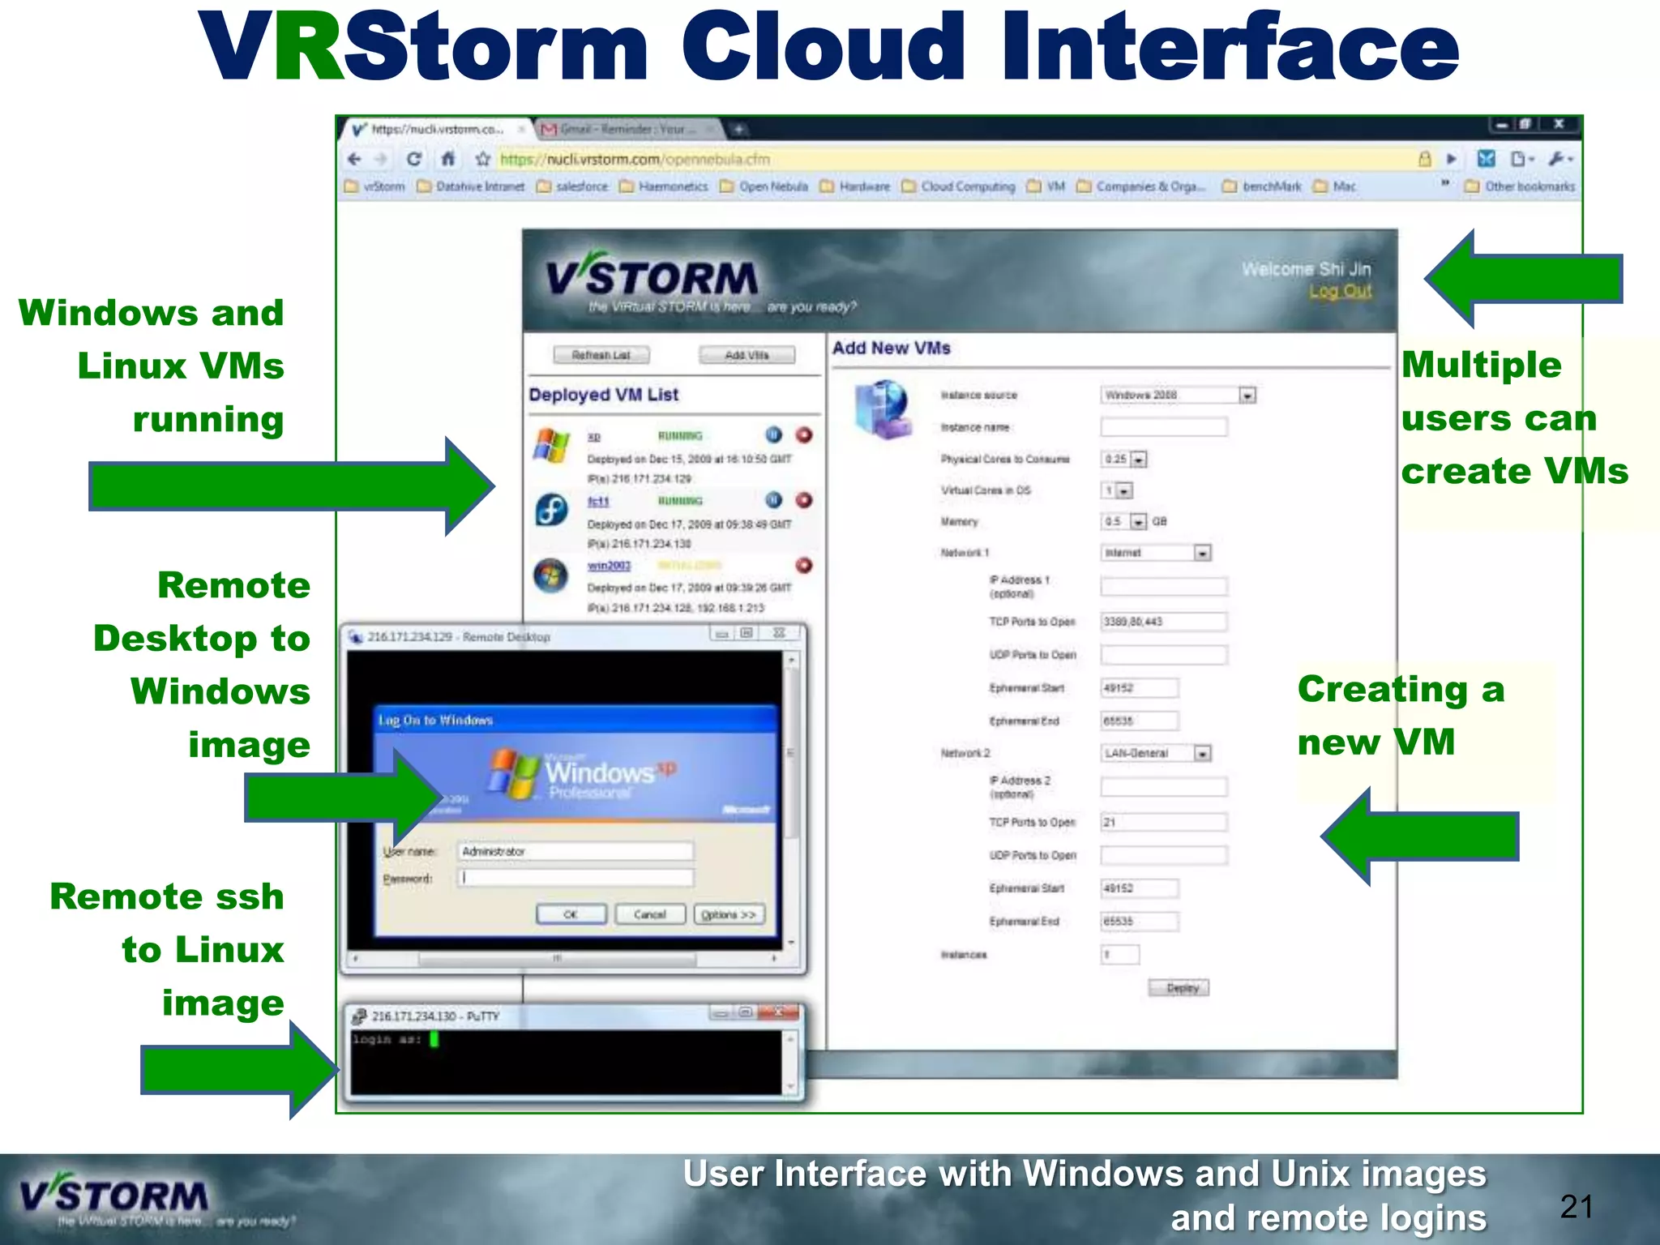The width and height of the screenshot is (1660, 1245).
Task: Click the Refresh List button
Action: pyautogui.click(x=601, y=355)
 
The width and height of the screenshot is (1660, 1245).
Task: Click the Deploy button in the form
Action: pyautogui.click(x=1179, y=987)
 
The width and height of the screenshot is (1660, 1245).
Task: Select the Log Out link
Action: pyautogui.click(x=1340, y=291)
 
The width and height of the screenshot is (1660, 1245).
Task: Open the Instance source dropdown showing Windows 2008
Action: pyautogui.click(x=1179, y=395)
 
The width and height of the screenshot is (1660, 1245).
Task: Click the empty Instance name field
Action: pyautogui.click(x=1163, y=427)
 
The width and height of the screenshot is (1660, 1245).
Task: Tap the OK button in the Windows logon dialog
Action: pyautogui.click(x=571, y=914)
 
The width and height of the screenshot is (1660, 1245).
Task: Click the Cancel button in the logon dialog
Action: pyautogui.click(x=649, y=914)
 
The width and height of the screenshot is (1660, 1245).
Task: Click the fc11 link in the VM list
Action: pyautogui.click(x=597, y=502)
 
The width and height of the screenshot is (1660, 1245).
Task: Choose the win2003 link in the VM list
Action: pyautogui.click(x=609, y=566)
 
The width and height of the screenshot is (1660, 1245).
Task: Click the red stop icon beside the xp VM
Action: pyautogui.click(x=803, y=435)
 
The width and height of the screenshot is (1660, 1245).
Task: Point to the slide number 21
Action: pyautogui.click(x=1576, y=1207)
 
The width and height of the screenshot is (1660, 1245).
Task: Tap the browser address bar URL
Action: pyautogui.click(x=635, y=159)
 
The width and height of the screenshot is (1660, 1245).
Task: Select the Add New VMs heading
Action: pyautogui.click(x=891, y=348)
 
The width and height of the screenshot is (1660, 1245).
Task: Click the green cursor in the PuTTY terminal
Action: pyautogui.click(x=434, y=1038)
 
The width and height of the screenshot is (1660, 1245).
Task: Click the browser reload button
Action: pyautogui.click(x=413, y=159)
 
